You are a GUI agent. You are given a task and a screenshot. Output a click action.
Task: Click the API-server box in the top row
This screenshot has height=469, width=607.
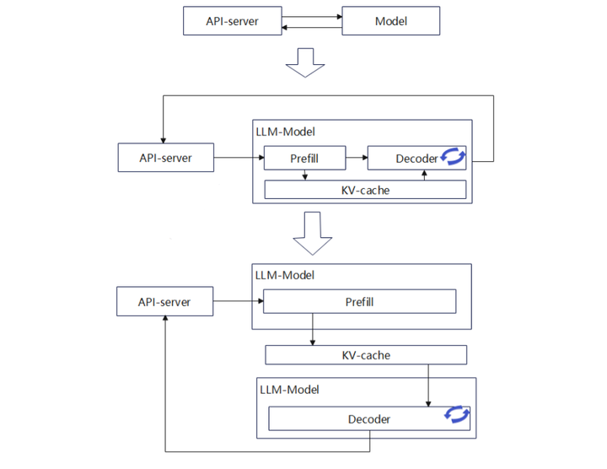pos(233,21)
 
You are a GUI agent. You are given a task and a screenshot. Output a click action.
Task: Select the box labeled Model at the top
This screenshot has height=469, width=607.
pos(391,21)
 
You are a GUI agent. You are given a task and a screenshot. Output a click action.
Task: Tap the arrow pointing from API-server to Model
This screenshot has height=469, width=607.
pos(312,17)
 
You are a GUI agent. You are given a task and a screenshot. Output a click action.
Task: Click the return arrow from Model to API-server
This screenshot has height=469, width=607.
pos(312,28)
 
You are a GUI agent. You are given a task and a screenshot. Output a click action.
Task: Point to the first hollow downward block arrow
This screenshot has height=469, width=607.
pos(305,62)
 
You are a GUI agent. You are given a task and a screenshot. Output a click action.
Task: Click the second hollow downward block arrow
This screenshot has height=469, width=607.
pos(313,233)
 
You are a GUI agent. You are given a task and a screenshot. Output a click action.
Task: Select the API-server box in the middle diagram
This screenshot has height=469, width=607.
pos(166,158)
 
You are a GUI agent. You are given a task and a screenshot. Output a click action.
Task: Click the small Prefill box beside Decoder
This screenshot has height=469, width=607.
pos(304,158)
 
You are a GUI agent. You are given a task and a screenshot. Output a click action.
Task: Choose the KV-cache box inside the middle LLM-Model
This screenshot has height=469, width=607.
pos(365,190)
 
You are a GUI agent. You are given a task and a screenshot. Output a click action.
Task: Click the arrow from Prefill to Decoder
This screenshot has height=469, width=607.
pos(357,158)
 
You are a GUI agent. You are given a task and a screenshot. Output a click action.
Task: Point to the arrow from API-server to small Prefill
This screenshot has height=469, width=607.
pos(239,158)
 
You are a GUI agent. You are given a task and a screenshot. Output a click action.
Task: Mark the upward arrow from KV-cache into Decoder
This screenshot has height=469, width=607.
pos(424,175)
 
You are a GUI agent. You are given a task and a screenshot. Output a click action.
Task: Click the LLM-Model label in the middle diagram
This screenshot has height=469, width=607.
pos(285,132)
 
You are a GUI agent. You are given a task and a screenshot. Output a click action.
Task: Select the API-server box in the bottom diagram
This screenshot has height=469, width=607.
pos(164,301)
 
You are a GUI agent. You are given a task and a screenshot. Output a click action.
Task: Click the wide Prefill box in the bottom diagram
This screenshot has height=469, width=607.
pos(360,301)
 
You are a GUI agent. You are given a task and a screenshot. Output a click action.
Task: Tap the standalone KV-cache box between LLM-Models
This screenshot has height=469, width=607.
pos(366,355)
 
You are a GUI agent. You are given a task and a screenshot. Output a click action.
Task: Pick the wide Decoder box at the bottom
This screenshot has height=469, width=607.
pos(369,418)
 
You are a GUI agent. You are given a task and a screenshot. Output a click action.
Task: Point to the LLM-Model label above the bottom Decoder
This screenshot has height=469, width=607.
pos(289,390)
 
